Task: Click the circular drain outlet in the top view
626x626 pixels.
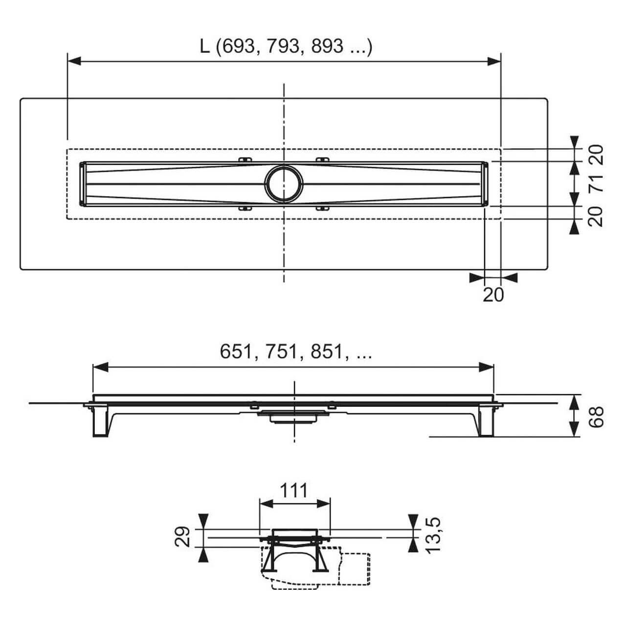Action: coord(284,183)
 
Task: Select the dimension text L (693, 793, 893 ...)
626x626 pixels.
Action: coord(286,46)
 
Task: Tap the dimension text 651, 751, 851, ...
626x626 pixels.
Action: coord(295,351)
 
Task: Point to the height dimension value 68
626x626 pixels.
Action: coord(596,416)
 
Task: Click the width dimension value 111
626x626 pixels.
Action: coord(294,490)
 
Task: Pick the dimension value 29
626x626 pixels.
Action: coord(182,537)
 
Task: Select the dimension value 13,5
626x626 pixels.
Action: coord(433,535)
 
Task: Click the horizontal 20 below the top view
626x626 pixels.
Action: coord(493,294)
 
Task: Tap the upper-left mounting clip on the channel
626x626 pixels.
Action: coord(245,159)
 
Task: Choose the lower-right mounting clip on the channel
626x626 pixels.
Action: coord(322,209)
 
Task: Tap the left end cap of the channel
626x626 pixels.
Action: coord(83,183)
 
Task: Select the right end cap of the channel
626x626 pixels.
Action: coord(486,183)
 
